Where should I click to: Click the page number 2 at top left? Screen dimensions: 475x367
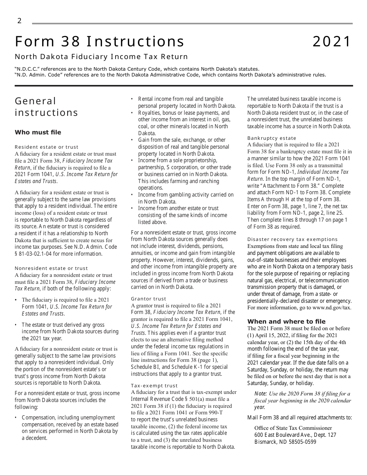tap(19, 21)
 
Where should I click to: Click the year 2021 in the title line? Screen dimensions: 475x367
tap(332, 42)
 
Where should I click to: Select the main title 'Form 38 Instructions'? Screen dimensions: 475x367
tap(100, 42)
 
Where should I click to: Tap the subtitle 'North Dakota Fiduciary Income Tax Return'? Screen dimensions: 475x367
tap(101, 57)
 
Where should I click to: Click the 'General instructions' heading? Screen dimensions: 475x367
tap(46, 107)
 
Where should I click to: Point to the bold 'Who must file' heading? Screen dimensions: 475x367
tap(38, 132)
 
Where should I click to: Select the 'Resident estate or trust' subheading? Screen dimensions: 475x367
tap(46, 147)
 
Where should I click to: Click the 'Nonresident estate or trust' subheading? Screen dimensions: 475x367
tap(51, 268)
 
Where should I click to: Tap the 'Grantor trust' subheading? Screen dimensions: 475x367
tap(149, 299)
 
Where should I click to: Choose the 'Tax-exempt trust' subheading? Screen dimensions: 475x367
tap(155, 386)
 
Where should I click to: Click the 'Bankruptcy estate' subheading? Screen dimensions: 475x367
tap(272, 138)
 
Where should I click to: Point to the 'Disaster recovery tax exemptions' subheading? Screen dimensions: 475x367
tap(292, 239)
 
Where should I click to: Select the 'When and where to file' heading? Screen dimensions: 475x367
tap(286, 322)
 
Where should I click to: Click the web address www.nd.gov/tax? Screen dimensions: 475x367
tap(331, 308)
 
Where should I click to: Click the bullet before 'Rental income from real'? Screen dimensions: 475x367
tap(133, 99)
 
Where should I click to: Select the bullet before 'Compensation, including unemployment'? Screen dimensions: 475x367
tap(16, 418)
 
